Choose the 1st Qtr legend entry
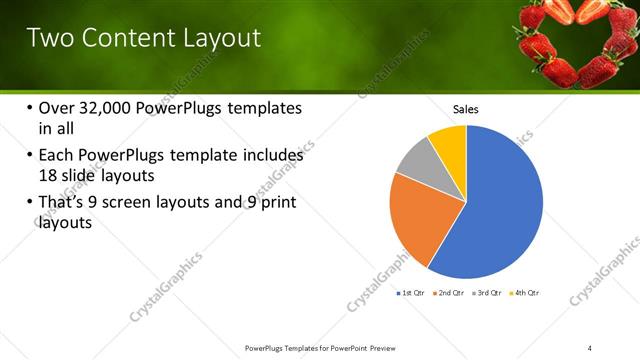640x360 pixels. [x=411, y=293]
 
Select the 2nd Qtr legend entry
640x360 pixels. [x=449, y=293]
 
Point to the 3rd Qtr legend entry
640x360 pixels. [x=487, y=293]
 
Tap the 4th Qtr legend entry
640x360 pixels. [x=525, y=293]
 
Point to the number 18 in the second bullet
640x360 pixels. [x=49, y=175]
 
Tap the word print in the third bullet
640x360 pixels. [x=273, y=204]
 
